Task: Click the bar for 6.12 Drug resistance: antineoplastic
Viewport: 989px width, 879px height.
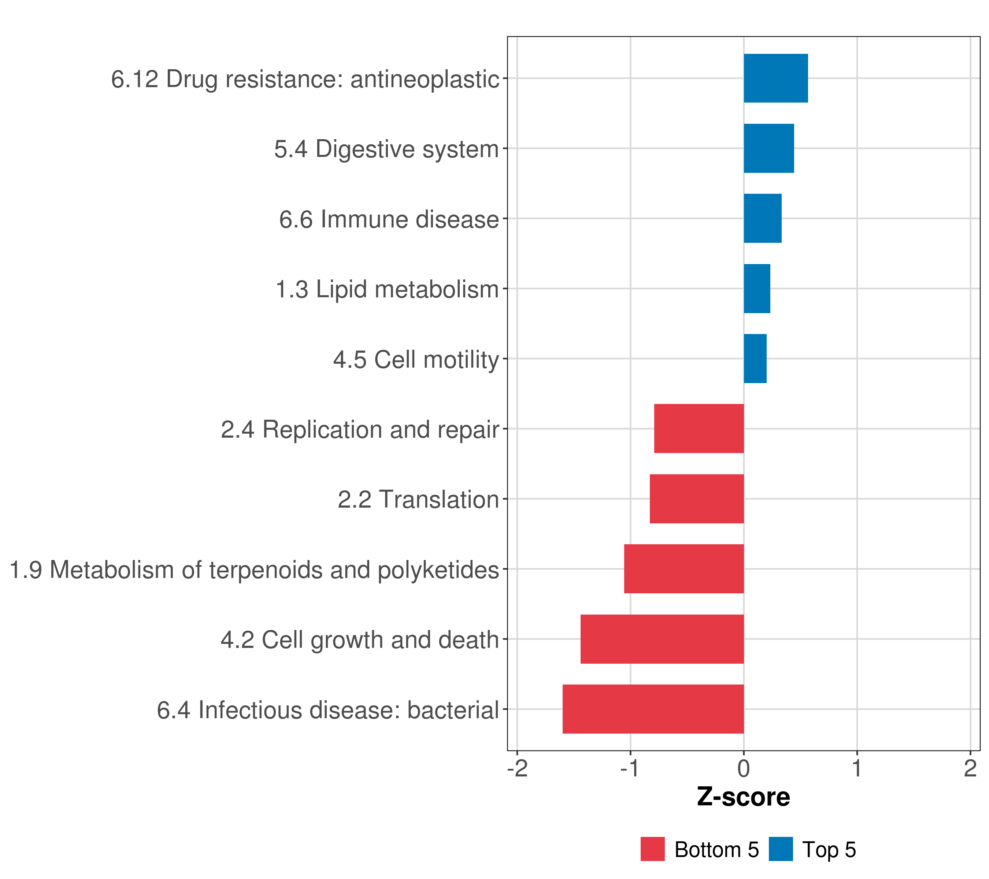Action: [775, 78]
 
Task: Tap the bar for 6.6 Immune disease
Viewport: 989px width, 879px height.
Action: [763, 219]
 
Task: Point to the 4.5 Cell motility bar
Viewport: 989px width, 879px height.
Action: [755, 359]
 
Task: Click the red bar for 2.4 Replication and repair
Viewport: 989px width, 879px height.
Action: [699, 429]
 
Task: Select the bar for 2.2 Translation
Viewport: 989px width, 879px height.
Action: [697, 499]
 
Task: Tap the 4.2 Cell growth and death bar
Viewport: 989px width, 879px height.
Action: [662, 639]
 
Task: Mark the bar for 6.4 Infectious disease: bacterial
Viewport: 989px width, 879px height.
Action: [653, 709]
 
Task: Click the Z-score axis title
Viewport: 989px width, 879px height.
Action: [744, 797]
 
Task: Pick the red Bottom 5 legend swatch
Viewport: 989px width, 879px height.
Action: [653, 849]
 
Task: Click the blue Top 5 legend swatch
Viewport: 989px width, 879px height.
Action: [781, 849]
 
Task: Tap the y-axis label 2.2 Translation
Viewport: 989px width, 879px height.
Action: [418, 499]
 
